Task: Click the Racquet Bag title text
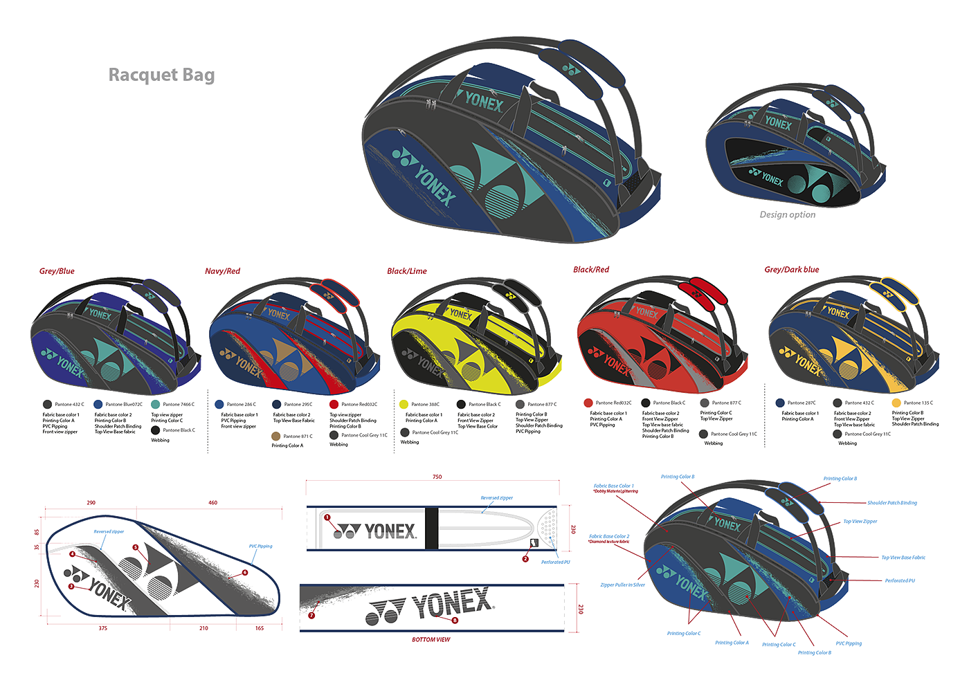click(161, 75)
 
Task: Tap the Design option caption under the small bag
click(787, 214)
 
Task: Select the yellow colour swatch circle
click(404, 403)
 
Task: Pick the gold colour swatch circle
click(275, 436)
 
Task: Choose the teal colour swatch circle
click(155, 404)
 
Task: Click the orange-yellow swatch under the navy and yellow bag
click(896, 403)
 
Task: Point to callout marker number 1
click(327, 517)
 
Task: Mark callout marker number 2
click(525, 558)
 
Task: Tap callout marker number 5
click(136, 547)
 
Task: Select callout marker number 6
click(245, 573)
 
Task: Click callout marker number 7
click(311, 615)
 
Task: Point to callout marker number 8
click(455, 621)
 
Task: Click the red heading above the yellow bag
click(406, 271)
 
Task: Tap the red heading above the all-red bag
click(590, 270)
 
